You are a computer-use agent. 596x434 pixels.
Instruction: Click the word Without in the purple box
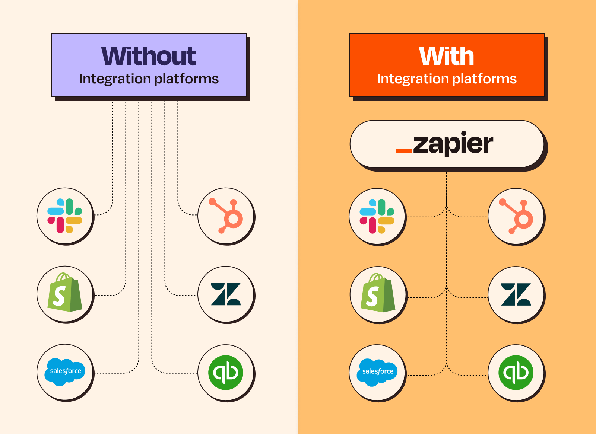pos(149,56)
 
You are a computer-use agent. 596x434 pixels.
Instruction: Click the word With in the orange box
pos(447,56)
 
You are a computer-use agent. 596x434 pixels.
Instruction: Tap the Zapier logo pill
pos(447,144)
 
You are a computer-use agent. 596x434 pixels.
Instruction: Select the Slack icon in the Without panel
pos(65,216)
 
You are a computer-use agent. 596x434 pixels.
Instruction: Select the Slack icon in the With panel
pos(377,216)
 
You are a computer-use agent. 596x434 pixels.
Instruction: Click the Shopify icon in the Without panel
pos(65,294)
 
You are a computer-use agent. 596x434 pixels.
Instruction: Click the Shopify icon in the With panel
pos(378,294)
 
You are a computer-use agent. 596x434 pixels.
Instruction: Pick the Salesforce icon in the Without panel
pos(65,372)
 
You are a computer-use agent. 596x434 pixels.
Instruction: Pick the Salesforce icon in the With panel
pos(377,372)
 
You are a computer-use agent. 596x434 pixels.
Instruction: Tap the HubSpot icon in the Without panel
pos(226,216)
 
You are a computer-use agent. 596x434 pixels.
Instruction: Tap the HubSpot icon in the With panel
pos(516,217)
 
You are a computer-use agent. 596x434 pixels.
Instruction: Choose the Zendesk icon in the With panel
pos(516,294)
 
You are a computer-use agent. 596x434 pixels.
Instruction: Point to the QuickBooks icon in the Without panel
pos(226,373)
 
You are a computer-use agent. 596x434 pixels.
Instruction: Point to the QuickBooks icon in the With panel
pos(516,373)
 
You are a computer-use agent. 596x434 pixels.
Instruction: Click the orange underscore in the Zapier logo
pos(404,151)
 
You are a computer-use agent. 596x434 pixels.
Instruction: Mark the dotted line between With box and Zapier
pos(447,110)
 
